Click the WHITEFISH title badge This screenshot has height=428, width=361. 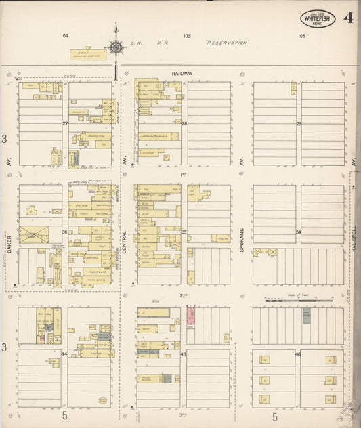(x=317, y=19)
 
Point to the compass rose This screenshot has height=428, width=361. (x=116, y=47)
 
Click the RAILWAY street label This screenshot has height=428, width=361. (x=183, y=73)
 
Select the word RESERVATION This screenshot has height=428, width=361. (x=227, y=43)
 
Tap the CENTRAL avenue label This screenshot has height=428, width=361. (x=125, y=238)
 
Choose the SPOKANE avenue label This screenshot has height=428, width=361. (x=242, y=238)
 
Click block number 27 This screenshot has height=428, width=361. (x=65, y=123)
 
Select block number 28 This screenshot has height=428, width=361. (x=184, y=123)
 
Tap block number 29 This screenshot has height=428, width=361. (x=298, y=123)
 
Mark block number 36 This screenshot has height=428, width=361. (x=65, y=232)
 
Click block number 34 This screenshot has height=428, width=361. (x=298, y=232)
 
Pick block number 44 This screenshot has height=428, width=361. (x=65, y=354)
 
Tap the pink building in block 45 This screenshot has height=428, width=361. (x=191, y=316)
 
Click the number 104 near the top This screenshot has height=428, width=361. (x=64, y=35)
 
